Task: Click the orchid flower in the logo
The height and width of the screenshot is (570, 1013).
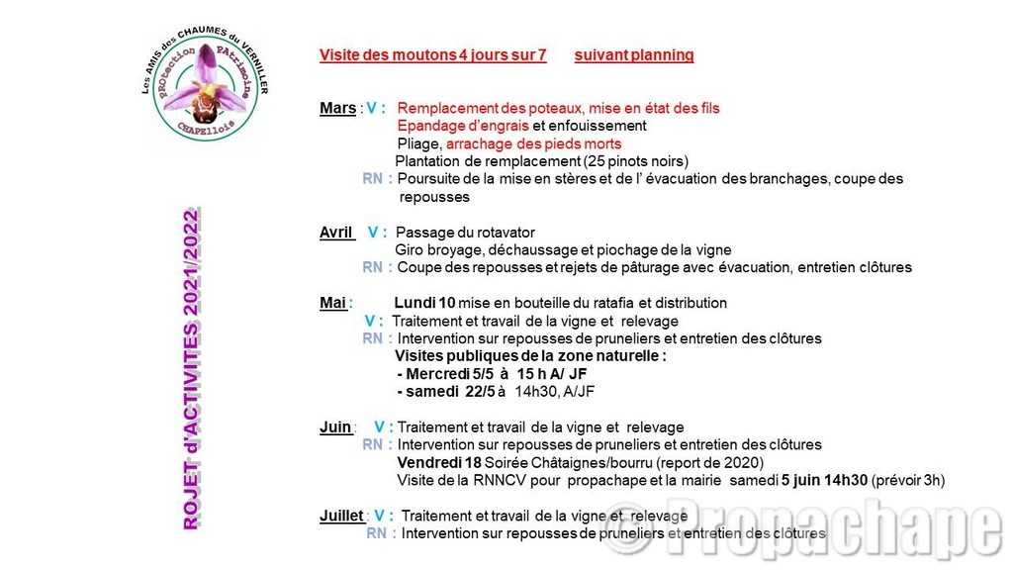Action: [208, 84]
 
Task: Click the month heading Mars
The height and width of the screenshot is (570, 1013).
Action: [337, 108]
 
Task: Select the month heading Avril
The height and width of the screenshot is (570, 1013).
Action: [336, 233]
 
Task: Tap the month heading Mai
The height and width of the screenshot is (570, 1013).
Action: [333, 303]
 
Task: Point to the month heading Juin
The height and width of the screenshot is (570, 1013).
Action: [335, 427]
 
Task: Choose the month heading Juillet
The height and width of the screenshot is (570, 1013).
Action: [341, 516]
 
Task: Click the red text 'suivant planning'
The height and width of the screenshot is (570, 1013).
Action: [634, 55]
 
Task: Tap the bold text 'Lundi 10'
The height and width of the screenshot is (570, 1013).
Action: [425, 303]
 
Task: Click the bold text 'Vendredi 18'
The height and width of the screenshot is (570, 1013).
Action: [438, 463]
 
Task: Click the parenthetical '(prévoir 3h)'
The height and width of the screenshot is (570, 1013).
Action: [908, 481]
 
